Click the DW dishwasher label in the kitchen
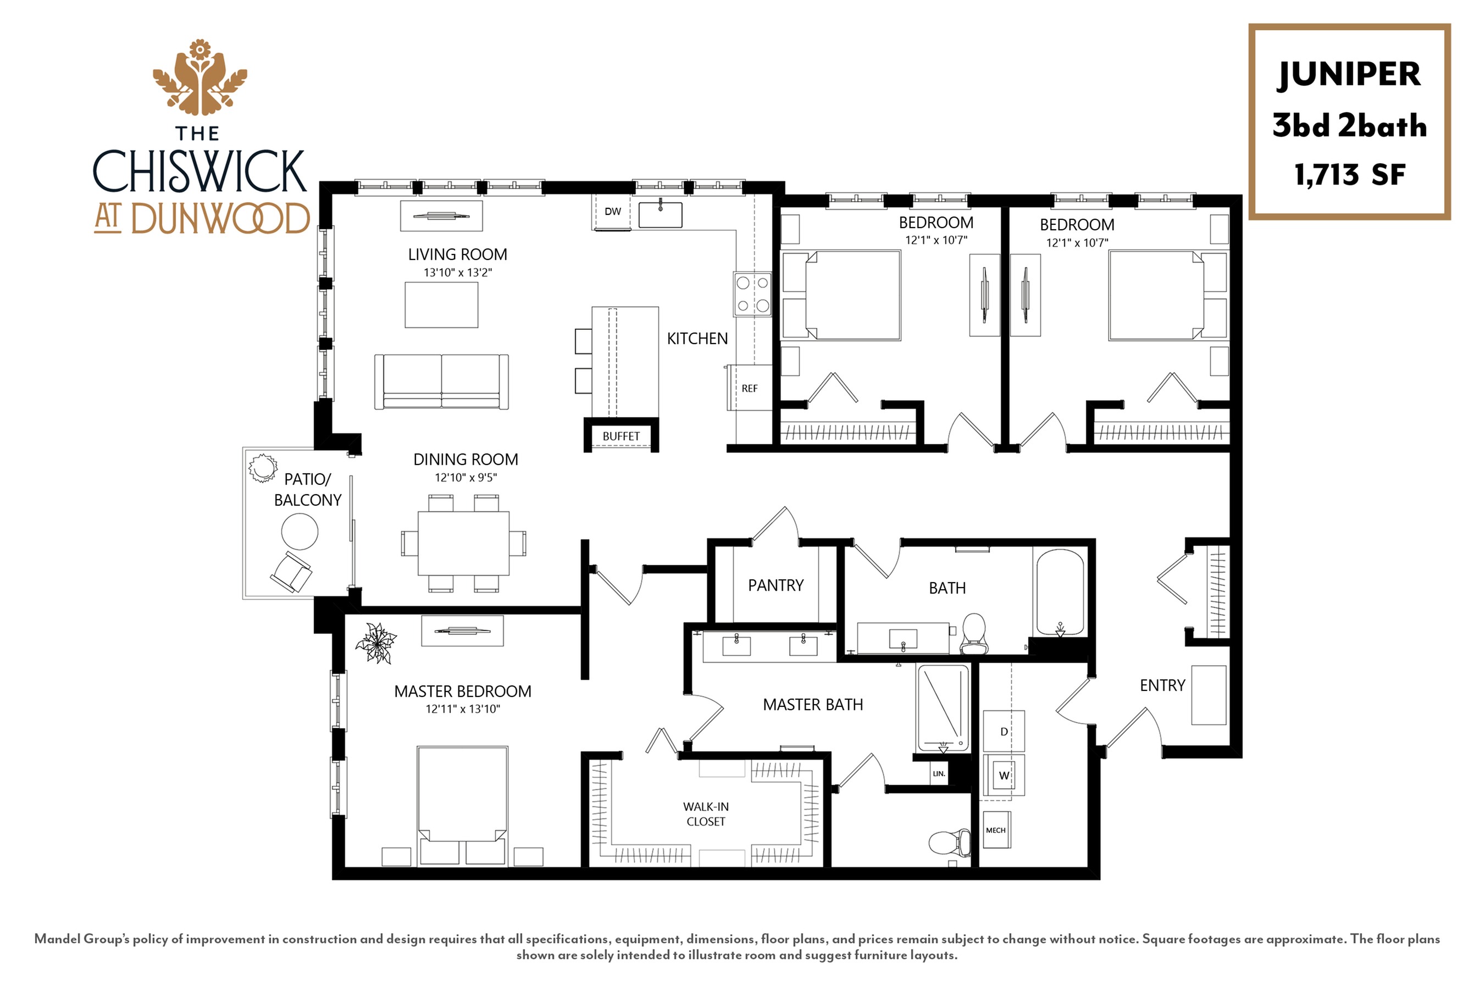[x=612, y=212]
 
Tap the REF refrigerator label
[x=749, y=389]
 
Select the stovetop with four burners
[x=752, y=294]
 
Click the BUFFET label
[x=621, y=436]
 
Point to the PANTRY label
[x=775, y=585]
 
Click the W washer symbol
[x=1004, y=776]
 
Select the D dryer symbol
[x=1004, y=731]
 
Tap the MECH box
[x=995, y=830]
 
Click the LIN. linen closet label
[x=939, y=774]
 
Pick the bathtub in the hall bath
[x=1060, y=593]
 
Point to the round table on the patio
[x=300, y=532]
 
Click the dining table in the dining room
[x=463, y=543]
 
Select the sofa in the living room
[x=441, y=382]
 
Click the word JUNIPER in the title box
[x=1349, y=75]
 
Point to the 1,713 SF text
[x=1349, y=175]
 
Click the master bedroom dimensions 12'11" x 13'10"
[x=463, y=709]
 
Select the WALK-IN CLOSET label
[x=706, y=814]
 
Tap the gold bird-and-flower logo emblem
[x=200, y=78]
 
